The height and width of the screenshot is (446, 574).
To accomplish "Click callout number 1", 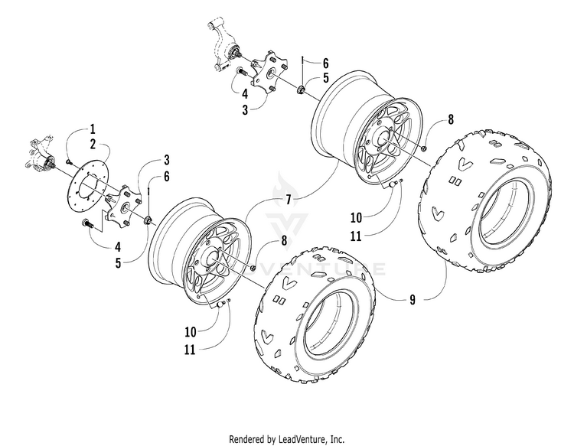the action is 93,129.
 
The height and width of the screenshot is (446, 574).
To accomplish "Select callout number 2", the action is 93,144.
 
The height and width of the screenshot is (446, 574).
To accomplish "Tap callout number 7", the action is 288,200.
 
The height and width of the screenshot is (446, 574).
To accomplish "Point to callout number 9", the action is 413,300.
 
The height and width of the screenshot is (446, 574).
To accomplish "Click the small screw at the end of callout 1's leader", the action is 68,161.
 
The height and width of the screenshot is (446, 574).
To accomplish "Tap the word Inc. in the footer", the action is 337,438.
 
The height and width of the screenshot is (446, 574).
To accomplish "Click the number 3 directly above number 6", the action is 167,160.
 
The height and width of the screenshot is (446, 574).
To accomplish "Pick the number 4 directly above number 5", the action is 118,247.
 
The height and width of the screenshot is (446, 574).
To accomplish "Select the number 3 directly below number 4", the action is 245,109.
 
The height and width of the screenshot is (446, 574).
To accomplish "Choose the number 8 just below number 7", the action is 284,241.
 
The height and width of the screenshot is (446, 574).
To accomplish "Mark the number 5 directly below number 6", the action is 325,78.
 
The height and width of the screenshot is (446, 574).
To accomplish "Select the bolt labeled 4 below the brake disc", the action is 87,223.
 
